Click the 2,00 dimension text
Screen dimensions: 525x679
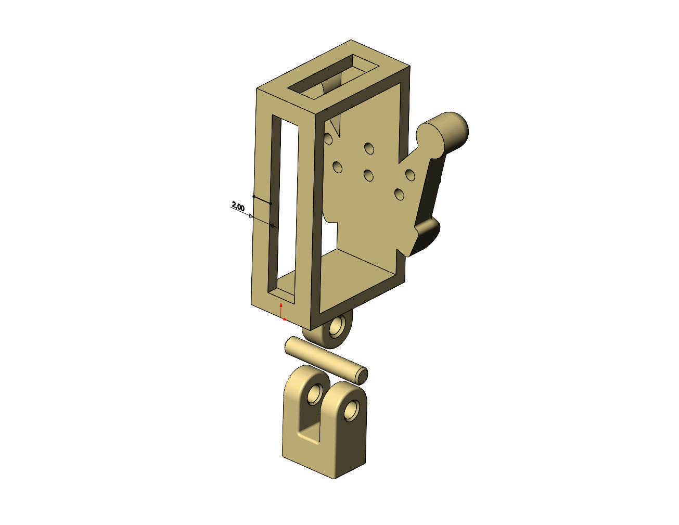238,207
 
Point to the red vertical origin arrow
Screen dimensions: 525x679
281,308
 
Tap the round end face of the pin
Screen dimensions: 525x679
363,374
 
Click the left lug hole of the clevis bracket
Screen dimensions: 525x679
315,395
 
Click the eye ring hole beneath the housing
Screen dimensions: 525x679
337,327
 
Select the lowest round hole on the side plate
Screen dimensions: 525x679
400,194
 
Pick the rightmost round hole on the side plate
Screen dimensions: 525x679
410,174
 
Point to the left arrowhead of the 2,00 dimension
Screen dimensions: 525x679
251,215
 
